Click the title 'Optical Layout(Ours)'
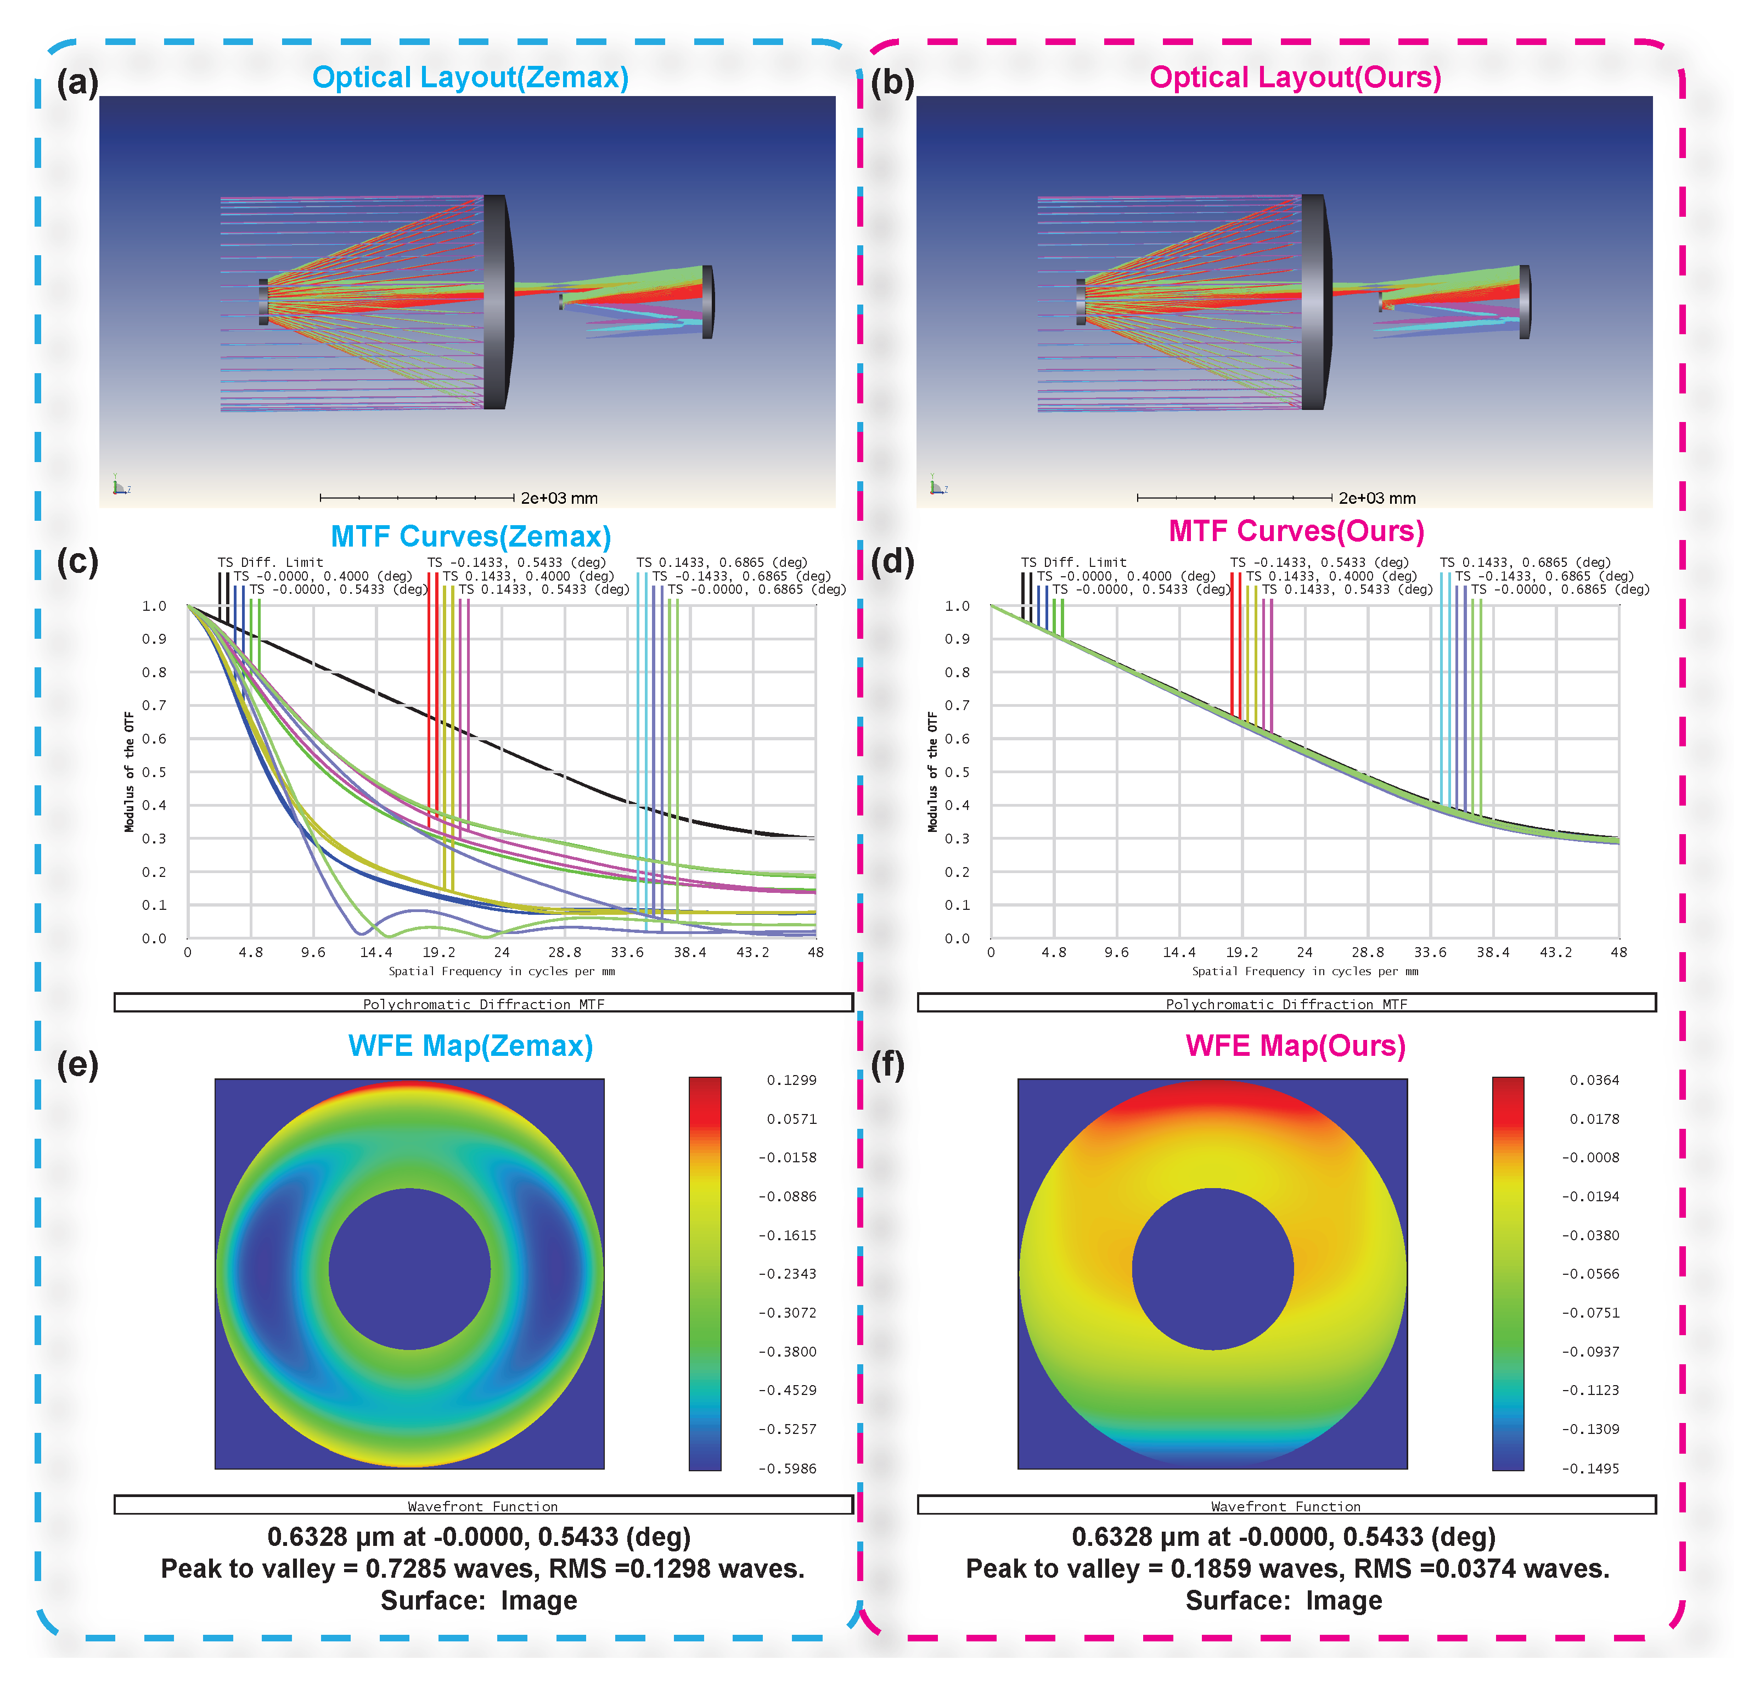pos(1294,77)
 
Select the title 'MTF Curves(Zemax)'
pos(470,536)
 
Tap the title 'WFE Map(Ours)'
pos(1295,1045)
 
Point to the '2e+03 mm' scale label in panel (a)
pos(559,498)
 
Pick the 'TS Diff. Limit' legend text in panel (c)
pos(271,562)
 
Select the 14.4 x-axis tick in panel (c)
pos(376,952)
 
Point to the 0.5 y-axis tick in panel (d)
pos(957,772)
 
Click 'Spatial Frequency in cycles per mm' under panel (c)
pos(502,971)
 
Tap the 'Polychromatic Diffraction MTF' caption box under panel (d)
pos(1286,1003)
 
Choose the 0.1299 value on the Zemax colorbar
pos(791,1080)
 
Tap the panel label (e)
pos(77,1065)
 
